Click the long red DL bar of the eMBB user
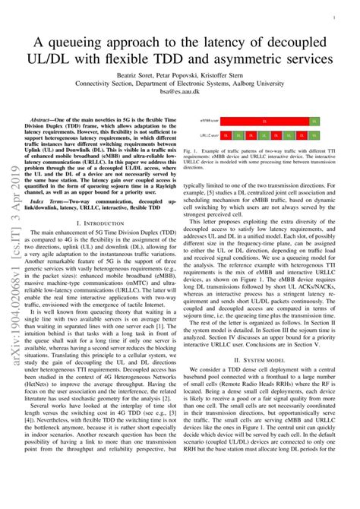tap(264, 120)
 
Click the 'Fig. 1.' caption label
tap(191, 151)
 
